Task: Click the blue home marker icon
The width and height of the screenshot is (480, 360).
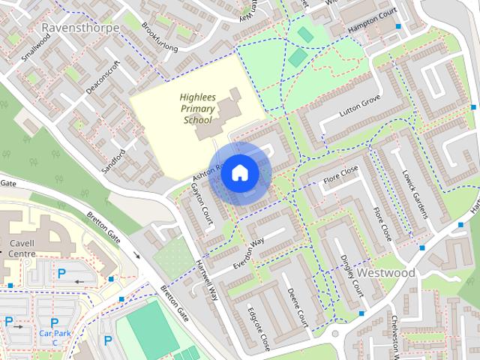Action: tap(239, 172)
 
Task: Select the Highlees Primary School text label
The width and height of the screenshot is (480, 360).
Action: tap(196, 108)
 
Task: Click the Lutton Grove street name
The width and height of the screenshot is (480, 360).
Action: tap(360, 110)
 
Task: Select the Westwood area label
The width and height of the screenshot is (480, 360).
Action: tap(386, 273)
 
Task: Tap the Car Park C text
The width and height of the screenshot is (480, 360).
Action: tap(54, 337)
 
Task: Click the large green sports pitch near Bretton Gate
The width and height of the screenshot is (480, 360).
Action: tap(150, 330)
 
